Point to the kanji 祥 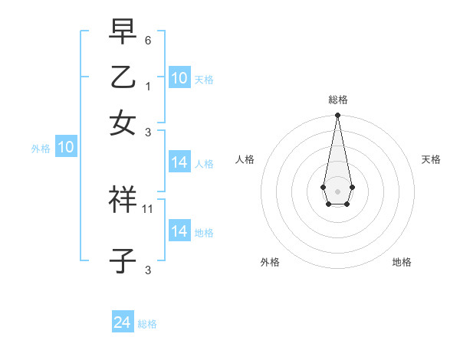[123, 201]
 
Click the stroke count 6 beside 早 [149, 40]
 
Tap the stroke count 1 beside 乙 [149, 87]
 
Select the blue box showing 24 [123, 322]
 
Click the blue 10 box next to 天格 [179, 78]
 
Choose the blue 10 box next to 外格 [66, 148]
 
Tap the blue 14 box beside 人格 [179, 162]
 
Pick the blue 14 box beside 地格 [179, 231]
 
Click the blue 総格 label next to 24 [147, 324]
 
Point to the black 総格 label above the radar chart [337, 100]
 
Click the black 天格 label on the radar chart [431, 159]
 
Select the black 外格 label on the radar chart [270, 262]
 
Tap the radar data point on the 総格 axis [337, 116]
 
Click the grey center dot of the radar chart [337, 190]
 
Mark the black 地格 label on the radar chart [402, 262]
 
